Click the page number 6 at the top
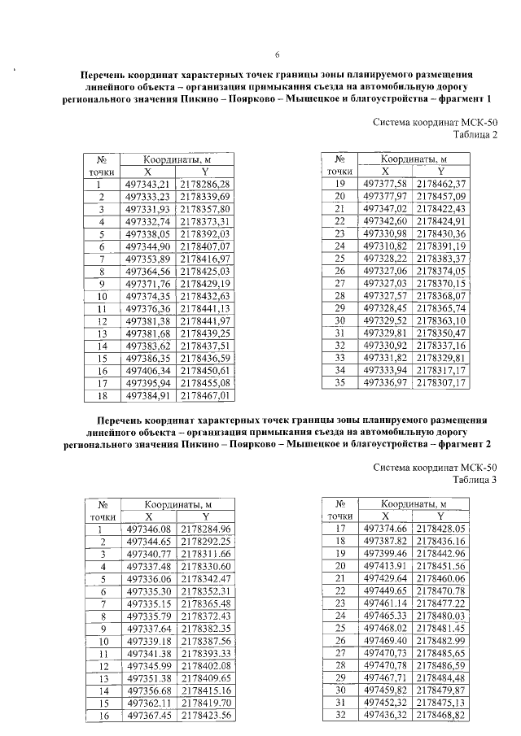pyautogui.click(x=278, y=54)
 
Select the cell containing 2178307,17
pyautogui.click(x=440, y=381)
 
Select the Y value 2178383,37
pyautogui.click(x=440, y=258)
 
